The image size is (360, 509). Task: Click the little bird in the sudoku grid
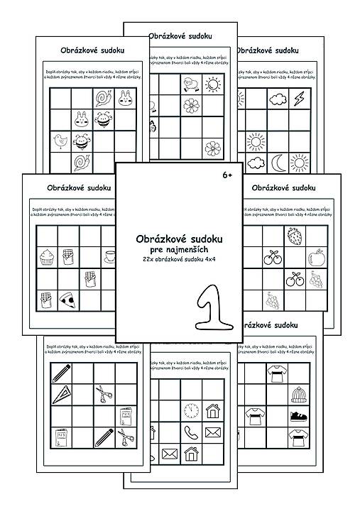[60, 141]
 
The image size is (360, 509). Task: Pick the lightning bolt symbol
[299, 97]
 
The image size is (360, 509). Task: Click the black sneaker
[298, 415]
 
